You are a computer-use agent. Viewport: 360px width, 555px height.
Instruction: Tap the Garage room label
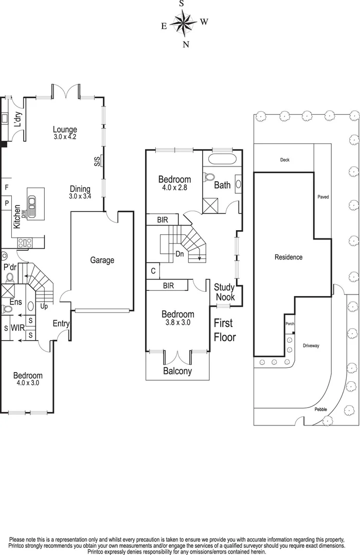102,261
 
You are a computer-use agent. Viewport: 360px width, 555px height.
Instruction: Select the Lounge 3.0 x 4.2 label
65,133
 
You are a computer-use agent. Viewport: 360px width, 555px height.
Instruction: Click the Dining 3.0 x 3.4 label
80,192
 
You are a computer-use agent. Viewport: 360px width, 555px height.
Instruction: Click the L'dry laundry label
17,119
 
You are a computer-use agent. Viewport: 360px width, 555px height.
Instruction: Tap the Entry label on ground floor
61,324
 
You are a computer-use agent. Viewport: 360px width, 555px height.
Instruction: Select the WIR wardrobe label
17,328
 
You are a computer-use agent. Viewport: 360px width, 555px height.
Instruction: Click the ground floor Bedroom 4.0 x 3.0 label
28,379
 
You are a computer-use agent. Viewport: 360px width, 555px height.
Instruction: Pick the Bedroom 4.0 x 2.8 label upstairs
174,183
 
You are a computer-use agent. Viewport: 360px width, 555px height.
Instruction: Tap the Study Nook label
224,292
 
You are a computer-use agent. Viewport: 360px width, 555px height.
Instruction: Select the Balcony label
177,371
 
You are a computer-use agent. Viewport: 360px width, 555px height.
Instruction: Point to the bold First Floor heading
225,330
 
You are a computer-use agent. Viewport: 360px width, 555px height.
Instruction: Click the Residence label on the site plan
288,257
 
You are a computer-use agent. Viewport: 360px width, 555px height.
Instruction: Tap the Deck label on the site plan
284,160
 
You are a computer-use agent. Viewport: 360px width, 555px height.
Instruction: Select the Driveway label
311,346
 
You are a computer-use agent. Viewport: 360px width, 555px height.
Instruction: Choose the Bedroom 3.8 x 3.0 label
178,318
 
